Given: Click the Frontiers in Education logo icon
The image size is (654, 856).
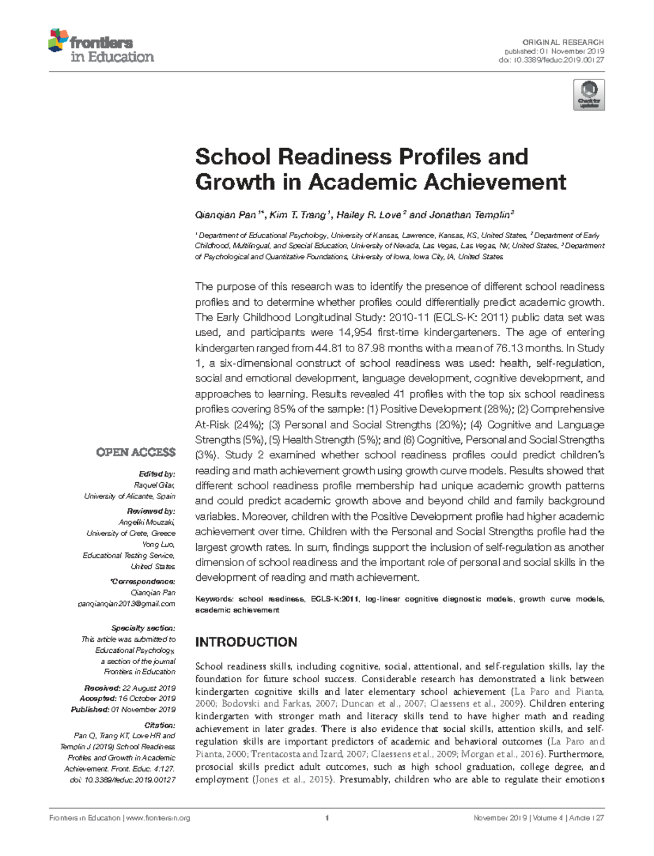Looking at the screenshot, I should point(58,41).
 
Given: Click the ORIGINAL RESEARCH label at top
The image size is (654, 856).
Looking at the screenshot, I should point(563,42).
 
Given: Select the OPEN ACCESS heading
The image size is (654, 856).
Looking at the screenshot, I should point(136,452).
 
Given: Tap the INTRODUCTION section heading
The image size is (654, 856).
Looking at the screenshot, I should point(246,642).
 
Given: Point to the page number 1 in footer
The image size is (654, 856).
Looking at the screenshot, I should point(326,818).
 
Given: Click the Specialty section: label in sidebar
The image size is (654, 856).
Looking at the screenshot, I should point(143,628).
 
